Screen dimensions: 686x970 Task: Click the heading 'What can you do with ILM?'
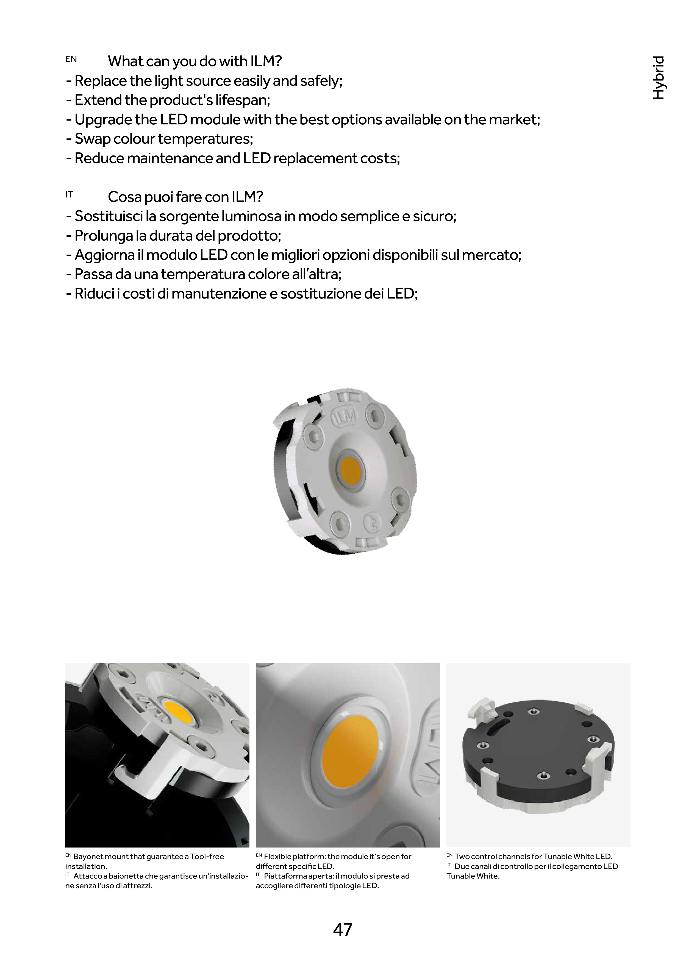tap(195, 61)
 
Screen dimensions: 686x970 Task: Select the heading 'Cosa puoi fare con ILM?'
tap(185, 197)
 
